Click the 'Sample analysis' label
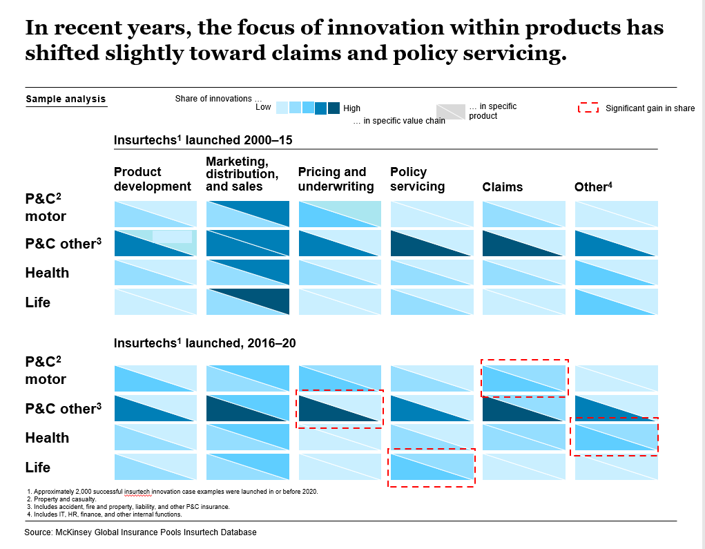(x=66, y=99)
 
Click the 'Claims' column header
(x=502, y=187)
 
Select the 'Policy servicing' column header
(x=417, y=179)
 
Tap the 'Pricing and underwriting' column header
(x=336, y=179)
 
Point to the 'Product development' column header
(x=152, y=179)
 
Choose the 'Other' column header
(x=593, y=186)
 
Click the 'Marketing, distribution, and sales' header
(x=242, y=173)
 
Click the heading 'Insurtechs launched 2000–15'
(x=203, y=140)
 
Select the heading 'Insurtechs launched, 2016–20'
(x=204, y=343)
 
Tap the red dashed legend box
(x=588, y=108)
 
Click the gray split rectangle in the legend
(x=450, y=110)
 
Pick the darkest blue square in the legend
(x=334, y=108)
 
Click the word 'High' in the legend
(x=351, y=108)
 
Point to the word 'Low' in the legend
(x=263, y=107)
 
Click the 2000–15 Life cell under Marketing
(x=248, y=302)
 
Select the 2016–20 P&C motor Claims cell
(x=524, y=378)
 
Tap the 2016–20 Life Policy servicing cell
(x=432, y=467)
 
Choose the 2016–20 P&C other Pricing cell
(x=340, y=408)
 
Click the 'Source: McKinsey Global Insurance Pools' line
(x=140, y=532)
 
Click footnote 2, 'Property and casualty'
(x=56, y=499)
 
